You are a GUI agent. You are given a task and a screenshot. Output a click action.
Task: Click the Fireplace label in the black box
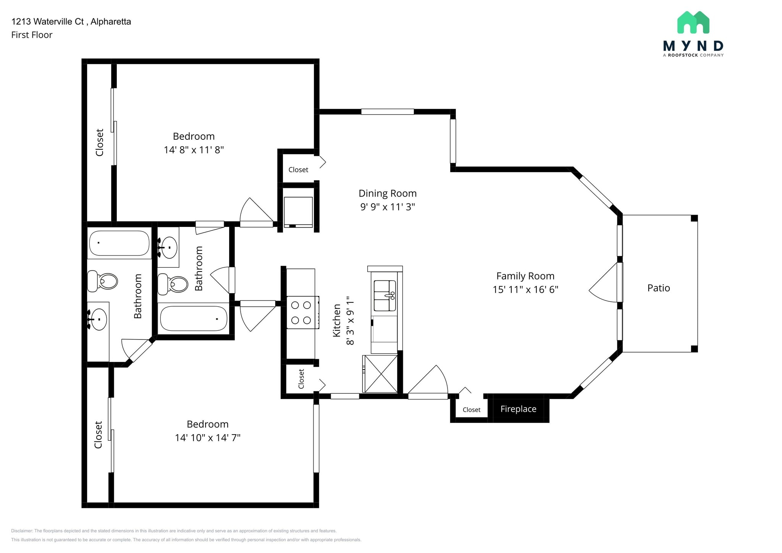[x=518, y=409]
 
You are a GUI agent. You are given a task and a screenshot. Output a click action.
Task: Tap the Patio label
[x=658, y=288]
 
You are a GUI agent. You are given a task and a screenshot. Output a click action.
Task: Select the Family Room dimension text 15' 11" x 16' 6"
[x=525, y=289]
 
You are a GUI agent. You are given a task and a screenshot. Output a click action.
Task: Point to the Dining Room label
[x=387, y=193]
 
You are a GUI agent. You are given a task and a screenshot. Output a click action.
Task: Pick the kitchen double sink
[x=385, y=296]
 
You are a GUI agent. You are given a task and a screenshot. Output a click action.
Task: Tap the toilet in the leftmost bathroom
[x=102, y=281]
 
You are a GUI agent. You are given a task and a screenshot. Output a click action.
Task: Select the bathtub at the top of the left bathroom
[x=119, y=243]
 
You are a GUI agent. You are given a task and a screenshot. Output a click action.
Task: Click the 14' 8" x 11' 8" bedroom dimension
[x=194, y=150]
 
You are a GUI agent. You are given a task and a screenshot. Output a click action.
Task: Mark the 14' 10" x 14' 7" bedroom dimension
[x=207, y=438]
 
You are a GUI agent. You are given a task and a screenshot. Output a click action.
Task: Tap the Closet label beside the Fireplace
[x=471, y=410]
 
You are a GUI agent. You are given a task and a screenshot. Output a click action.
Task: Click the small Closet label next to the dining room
[x=298, y=170]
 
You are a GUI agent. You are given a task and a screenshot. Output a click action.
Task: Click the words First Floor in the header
[x=32, y=35]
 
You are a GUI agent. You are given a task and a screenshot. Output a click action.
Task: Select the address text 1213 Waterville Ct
[x=47, y=21]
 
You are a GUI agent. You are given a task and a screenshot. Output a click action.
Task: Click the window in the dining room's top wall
[x=387, y=112]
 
